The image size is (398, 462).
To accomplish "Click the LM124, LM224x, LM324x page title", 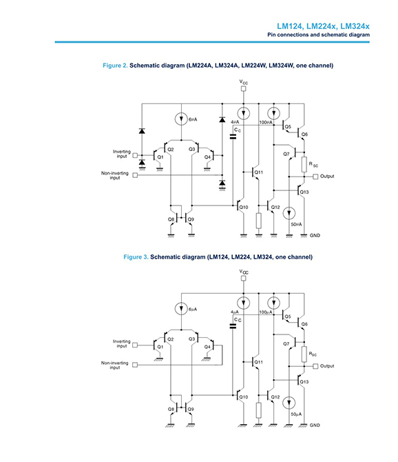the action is click(x=323, y=26).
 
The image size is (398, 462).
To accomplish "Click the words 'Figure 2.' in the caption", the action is click(x=115, y=66).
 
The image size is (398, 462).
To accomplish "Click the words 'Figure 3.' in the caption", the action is click(x=136, y=257).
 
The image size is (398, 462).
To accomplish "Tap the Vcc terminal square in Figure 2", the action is click(x=243, y=89).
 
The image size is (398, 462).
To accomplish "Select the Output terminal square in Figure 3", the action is click(x=315, y=366).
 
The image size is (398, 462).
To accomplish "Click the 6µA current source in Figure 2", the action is click(x=181, y=119).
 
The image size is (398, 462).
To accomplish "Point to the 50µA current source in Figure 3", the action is click(x=289, y=403).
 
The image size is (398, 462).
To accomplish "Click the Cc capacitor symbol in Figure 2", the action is click(x=233, y=137).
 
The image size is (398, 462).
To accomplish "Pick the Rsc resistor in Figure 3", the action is click(x=304, y=354).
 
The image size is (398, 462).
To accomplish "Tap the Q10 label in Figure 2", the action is click(x=244, y=207).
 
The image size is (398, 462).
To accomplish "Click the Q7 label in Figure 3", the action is click(x=286, y=344).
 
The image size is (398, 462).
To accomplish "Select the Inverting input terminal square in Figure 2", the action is click(x=135, y=155).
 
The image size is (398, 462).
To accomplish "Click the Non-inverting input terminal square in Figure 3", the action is click(x=135, y=365).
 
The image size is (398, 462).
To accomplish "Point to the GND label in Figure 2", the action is click(x=315, y=235).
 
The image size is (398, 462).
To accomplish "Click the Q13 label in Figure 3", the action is click(x=304, y=382).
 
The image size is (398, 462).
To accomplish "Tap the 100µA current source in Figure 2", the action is click(x=273, y=113).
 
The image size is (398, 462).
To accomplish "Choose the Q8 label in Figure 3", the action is click(x=171, y=410).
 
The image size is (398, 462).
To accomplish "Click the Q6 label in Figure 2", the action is click(x=304, y=134).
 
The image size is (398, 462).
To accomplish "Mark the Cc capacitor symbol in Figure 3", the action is click(x=233, y=326).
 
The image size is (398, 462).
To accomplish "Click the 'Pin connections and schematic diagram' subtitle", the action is click(x=318, y=34).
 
